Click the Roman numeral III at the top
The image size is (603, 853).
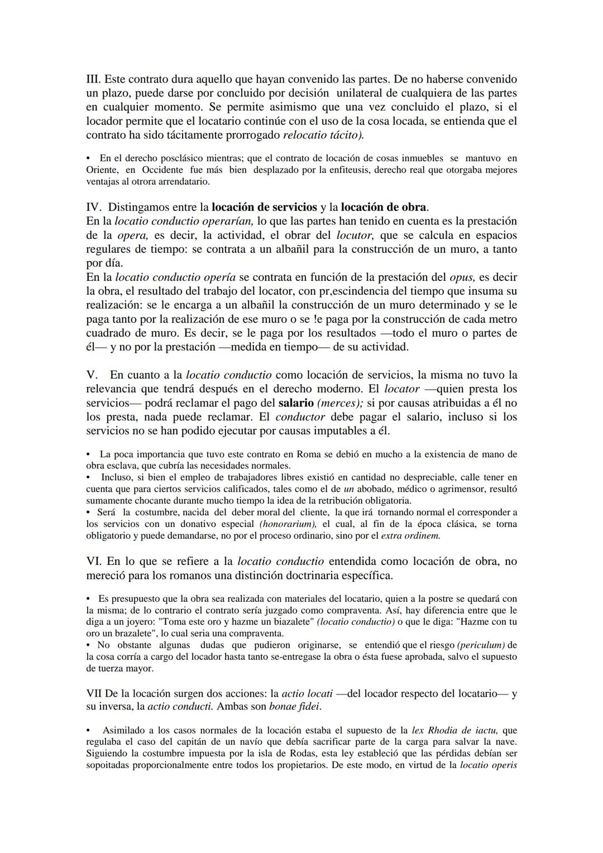point(93,79)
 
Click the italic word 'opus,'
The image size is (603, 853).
point(462,277)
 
